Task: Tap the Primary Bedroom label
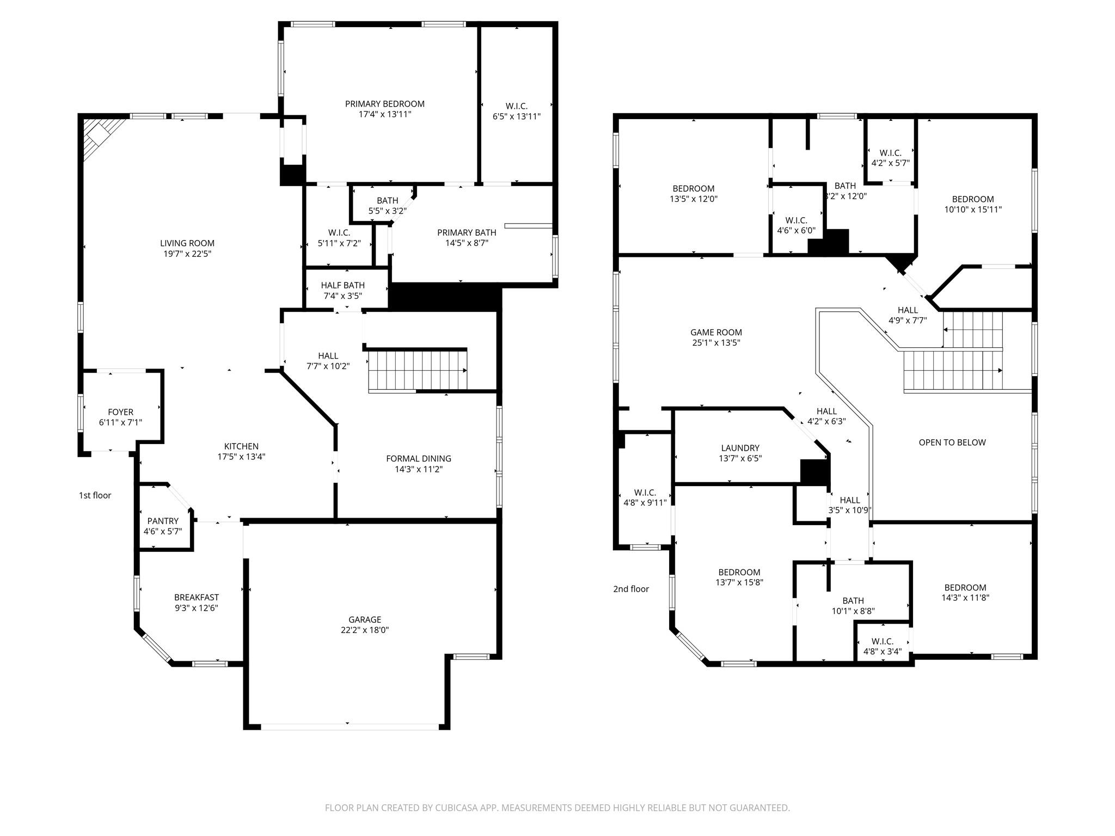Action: (x=384, y=104)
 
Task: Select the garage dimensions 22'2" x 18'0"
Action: (x=364, y=630)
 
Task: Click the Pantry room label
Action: (x=162, y=521)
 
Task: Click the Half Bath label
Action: (x=342, y=285)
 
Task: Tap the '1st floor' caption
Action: (x=95, y=495)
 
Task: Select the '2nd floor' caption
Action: (x=631, y=589)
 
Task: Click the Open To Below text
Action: (x=952, y=442)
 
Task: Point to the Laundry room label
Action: (x=740, y=448)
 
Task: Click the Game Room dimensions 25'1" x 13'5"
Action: (x=716, y=343)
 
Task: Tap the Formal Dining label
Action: (x=418, y=458)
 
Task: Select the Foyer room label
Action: (x=120, y=412)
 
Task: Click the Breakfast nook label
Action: (x=196, y=597)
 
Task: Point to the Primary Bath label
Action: (x=467, y=232)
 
